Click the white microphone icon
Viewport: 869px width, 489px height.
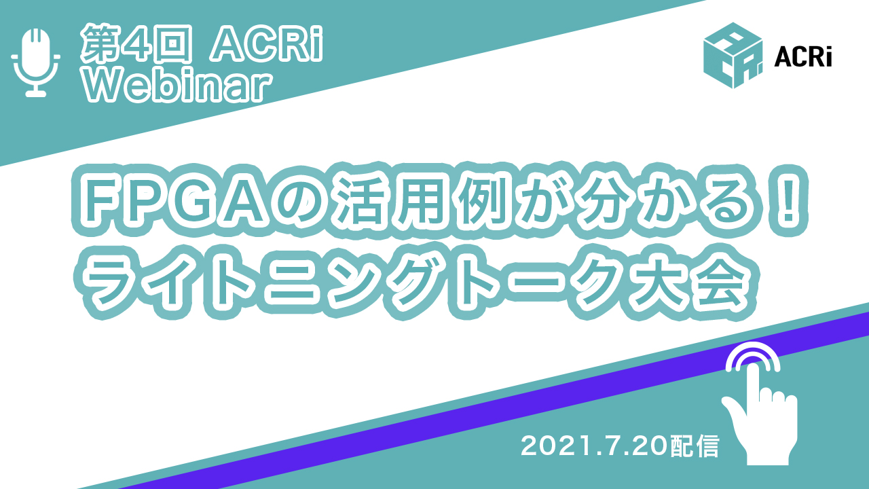tap(36, 62)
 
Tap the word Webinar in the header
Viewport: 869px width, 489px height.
tap(178, 86)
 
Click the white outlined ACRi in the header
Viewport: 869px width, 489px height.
tap(267, 44)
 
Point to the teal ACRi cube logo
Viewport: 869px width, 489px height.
tap(733, 56)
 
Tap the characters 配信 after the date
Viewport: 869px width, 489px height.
tap(695, 446)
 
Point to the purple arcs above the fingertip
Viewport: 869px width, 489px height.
tap(753, 357)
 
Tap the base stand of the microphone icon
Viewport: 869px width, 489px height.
tap(36, 93)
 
